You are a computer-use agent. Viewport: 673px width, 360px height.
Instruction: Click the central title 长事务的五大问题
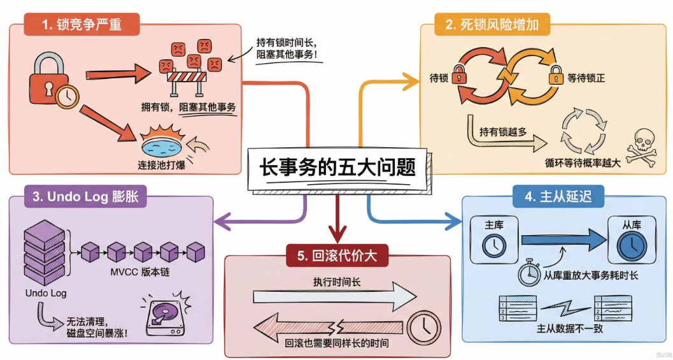tap(337, 168)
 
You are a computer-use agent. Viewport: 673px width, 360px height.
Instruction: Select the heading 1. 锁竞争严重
tap(82, 25)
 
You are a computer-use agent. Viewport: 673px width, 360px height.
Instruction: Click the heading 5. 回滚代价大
tap(337, 256)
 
